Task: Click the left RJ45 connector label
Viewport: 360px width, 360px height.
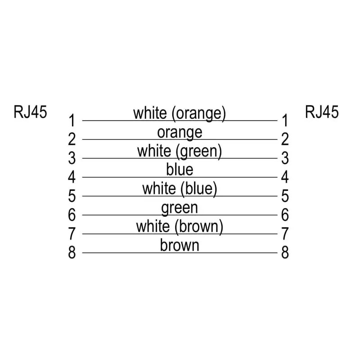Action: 30,112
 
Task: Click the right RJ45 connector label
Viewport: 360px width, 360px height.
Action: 322,112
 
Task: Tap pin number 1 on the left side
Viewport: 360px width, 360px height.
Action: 72,121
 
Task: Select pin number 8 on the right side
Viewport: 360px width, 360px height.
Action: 285,253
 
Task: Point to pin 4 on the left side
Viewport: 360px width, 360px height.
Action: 72,177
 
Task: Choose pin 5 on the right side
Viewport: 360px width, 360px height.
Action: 285,196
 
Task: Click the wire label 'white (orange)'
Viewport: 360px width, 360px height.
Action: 179,113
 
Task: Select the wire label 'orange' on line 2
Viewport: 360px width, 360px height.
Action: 180,132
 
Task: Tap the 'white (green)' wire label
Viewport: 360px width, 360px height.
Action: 180,151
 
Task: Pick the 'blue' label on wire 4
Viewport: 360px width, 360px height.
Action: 180,170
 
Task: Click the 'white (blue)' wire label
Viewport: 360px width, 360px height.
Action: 180,189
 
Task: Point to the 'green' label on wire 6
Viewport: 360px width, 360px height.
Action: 180,208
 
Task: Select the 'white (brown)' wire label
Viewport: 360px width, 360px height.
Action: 180,226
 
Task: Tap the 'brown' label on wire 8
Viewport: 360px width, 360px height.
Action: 180,245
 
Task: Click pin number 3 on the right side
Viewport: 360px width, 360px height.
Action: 285,158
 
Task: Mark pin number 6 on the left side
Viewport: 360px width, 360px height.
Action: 72,215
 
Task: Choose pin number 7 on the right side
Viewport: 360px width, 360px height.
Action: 285,234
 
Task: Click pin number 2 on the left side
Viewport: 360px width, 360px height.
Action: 72,139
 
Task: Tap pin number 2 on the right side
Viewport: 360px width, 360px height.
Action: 285,139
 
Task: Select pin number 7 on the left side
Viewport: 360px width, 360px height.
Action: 72,234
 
